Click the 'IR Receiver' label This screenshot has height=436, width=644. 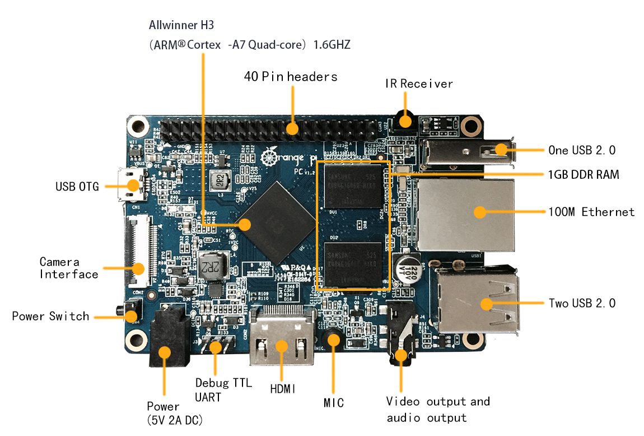[419, 84]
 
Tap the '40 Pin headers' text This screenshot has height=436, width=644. [291, 76]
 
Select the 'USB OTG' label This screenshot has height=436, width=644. [77, 187]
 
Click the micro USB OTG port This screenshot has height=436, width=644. [129, 185]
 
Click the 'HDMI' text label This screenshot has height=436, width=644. [283, 388]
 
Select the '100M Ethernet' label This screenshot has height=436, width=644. [591, 212]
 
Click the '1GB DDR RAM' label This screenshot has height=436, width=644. [584, 174]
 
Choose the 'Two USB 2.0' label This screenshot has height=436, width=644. [582, 303]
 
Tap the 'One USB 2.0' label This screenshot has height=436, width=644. [582, 150]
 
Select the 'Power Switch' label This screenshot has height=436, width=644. [50, 316]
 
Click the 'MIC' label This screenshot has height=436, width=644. [333, 402]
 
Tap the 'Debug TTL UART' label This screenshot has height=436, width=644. [223, 390]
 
